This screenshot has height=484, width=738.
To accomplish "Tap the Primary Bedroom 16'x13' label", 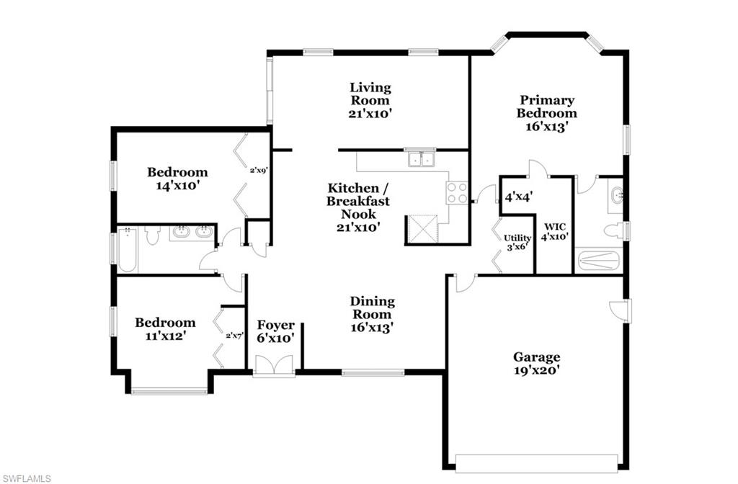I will pos(547,112).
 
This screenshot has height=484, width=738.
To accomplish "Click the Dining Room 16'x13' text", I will pos(372,313).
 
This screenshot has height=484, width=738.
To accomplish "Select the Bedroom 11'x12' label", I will pos(165,328).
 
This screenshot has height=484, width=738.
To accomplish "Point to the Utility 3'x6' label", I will pos(517,241).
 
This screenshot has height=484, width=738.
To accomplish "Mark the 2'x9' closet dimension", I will pos(259,171).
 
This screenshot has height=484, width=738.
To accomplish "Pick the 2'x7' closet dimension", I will pos(235,335).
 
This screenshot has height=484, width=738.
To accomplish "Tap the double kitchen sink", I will pos(421,158).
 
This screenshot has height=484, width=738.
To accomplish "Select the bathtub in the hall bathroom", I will pos(128,250).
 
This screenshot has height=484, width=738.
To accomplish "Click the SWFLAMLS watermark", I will pos(26,477).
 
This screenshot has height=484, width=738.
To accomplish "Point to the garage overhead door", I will pos(536,462).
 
